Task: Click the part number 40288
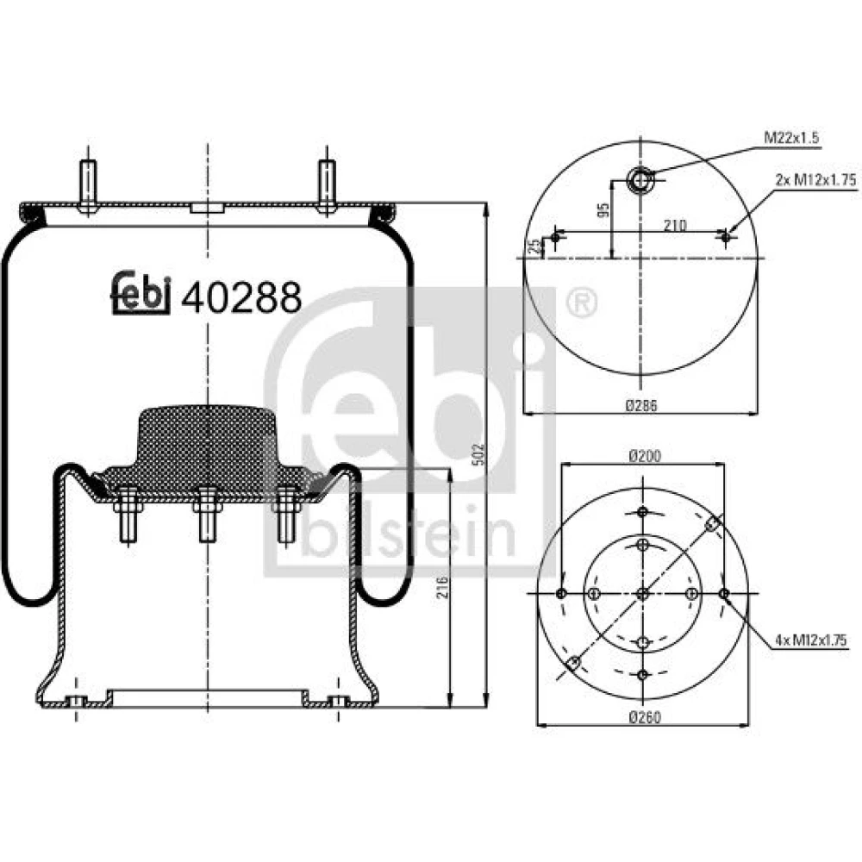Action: (241, 297)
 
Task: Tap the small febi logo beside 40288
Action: (141, 293)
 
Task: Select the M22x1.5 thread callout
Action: (791, 137)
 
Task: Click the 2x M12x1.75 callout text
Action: (815, 180)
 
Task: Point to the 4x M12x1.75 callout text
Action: (810, 640)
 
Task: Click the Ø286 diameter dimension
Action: (641, 406)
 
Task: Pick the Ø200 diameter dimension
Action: (645, 456)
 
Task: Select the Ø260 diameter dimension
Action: (645, 717)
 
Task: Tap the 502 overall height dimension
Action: (478, 455)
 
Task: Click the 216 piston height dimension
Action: (442, 587)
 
